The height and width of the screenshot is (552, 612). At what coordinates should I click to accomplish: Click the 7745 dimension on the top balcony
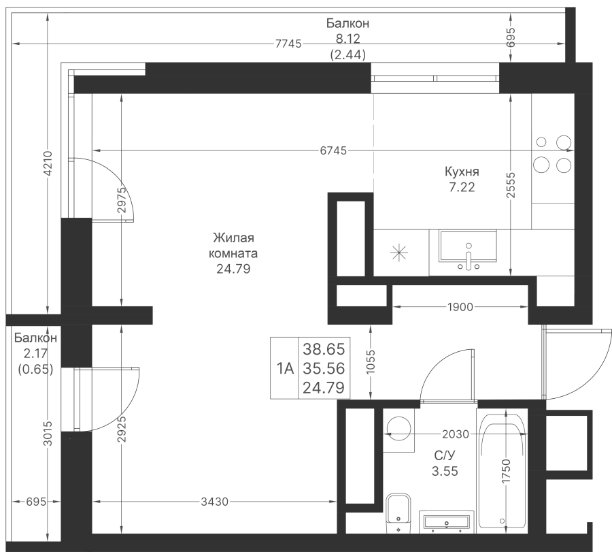tap(288, 44)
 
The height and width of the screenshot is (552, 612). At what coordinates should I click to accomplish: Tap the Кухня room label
tap(462, 172)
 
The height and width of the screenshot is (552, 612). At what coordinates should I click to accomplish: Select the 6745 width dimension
tap(333, 150)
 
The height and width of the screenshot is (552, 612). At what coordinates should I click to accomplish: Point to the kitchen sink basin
tap(468, 246)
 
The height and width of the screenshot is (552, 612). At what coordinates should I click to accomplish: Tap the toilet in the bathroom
tap(398, 513)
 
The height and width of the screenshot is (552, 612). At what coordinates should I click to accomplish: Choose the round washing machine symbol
tap(398, 429)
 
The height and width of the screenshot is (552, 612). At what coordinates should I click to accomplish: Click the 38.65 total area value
tap(324, 349)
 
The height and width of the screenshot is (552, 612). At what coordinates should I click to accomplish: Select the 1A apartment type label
tap(285, 368)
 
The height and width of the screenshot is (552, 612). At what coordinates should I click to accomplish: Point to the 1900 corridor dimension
tap(460, 307)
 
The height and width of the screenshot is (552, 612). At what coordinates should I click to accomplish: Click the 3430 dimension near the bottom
tap(214, 501)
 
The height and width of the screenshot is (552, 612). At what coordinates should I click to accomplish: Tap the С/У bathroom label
tap(445, 455)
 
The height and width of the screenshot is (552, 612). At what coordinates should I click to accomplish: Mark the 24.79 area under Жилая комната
tap(233, 269)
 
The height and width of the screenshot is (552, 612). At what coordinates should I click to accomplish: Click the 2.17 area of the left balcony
tap(35, 353)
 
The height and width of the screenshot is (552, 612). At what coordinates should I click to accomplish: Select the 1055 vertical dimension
tap(371, 361)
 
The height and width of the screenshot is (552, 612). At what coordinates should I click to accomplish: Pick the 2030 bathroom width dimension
tap(456, 434)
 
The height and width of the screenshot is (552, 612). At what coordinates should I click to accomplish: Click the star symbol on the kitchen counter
tap(399, 253)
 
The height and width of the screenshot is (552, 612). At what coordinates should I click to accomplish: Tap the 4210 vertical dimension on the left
tap(48, 163)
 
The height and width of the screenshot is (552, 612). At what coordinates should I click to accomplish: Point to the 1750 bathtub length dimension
tap(506, 471)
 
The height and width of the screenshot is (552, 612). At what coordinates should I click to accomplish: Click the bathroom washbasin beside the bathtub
tap(447, 522)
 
